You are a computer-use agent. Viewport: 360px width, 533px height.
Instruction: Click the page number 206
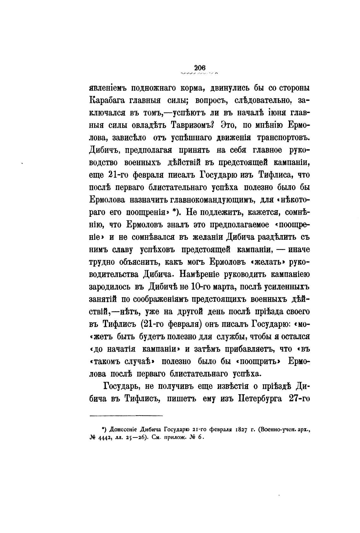pos(200,67)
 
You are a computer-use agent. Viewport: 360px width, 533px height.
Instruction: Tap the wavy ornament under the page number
pos(200,74)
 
